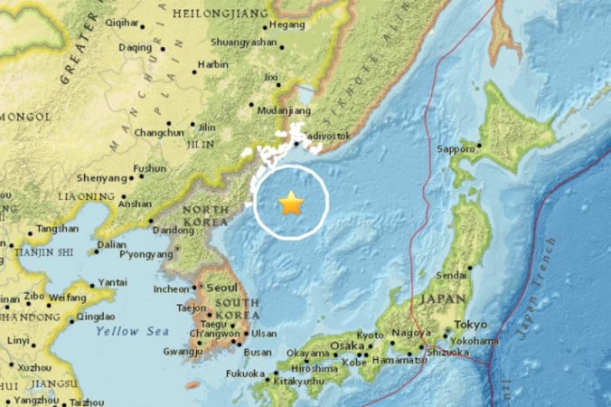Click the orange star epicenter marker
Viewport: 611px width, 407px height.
[291, 203]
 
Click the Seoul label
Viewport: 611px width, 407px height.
[221, 287]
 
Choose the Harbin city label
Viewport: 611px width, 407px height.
[212, 65]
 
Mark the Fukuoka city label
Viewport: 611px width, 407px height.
[245, 374]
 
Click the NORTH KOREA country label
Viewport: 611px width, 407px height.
[205, 217]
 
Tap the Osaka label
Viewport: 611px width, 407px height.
[346, 345]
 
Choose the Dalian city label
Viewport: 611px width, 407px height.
[112, 244]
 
